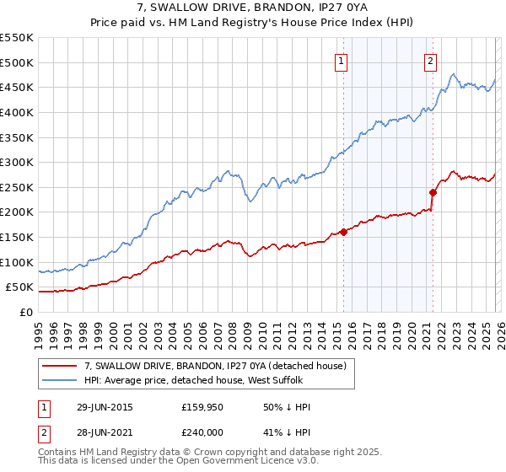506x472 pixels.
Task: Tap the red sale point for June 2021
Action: [x=433, y=191]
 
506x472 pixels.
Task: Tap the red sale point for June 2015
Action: [x=343, y=232]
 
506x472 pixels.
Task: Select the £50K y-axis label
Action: [x=20, y=287]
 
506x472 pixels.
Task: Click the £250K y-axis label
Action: [x=17, y=187]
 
